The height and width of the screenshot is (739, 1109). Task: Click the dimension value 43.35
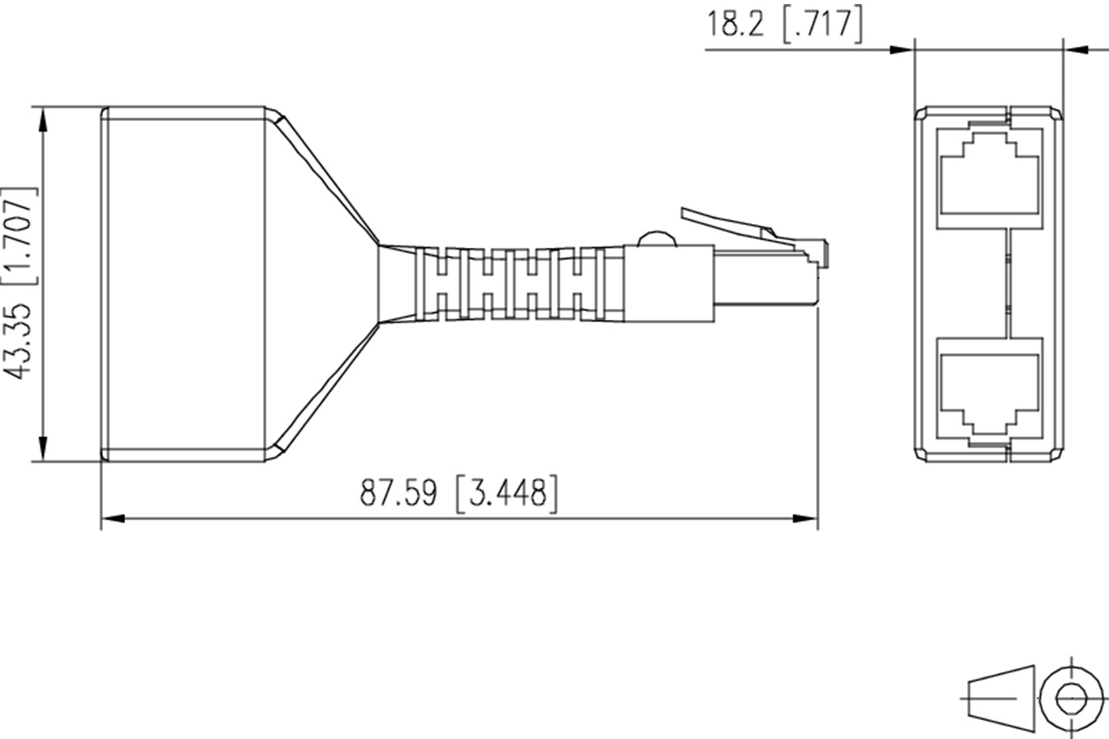click(17, 341)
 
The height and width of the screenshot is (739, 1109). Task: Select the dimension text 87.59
click(398, 493)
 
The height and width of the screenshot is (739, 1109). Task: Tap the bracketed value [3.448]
click(506, 493)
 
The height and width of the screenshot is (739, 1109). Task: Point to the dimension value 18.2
click(736, 23)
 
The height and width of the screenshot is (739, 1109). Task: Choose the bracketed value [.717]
click(822, 25)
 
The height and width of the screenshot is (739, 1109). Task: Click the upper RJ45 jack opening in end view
click(989, 174)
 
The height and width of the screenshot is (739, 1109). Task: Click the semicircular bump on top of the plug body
click(657, 238)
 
